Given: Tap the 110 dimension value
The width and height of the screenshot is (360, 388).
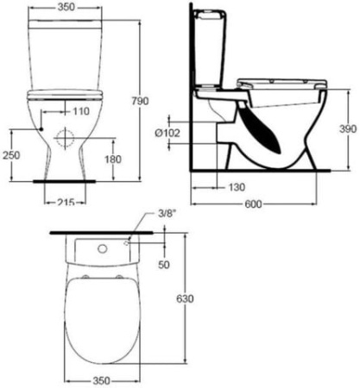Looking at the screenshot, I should [x=81, y=111].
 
